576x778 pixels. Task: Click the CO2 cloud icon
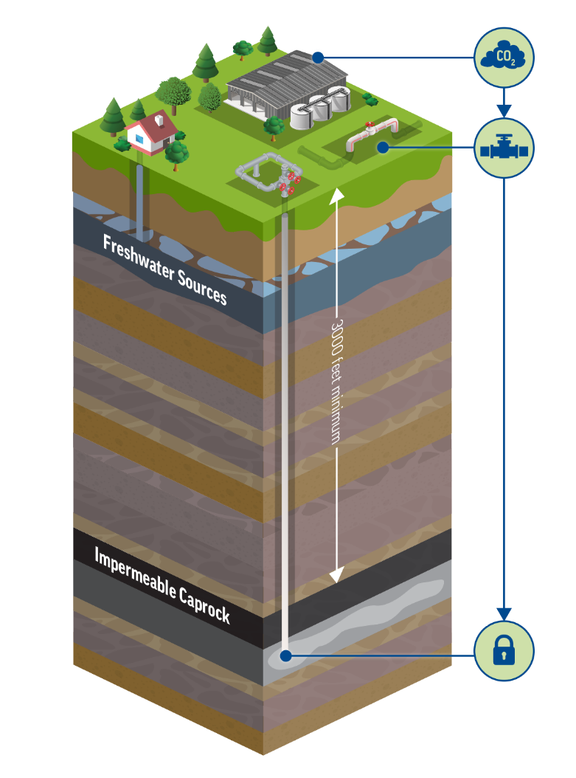(x=504, y=58)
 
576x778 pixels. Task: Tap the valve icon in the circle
(x=504, y=148)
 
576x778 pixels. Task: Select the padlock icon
(x=504, y=650)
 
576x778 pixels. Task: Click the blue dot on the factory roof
(x=316, y=57)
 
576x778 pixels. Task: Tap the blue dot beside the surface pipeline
(x=382, y=148)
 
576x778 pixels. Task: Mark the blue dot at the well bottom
(x=285, y=655)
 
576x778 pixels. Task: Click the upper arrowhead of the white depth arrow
(x=336, y=194)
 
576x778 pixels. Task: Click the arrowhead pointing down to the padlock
(x=504, y=614)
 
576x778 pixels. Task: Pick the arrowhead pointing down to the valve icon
(x=504, y=111)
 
